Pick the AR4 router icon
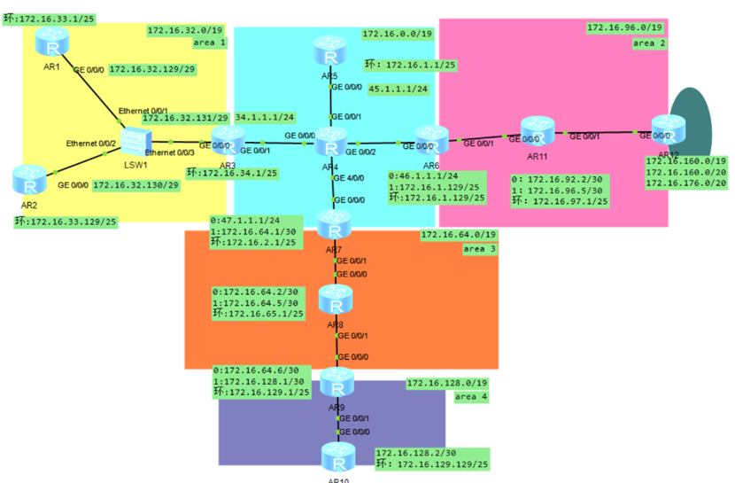[x=331, y=143]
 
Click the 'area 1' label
[x=210, y=43]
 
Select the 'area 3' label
[x=480, y=249]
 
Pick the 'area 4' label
[x=470, y=396]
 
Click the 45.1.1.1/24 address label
[x=398, y=89]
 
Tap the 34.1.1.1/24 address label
[x=265, y=116]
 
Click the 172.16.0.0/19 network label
[x=397, y=35]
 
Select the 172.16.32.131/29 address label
[x=186, y=118]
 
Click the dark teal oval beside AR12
[x=695, y=111]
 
